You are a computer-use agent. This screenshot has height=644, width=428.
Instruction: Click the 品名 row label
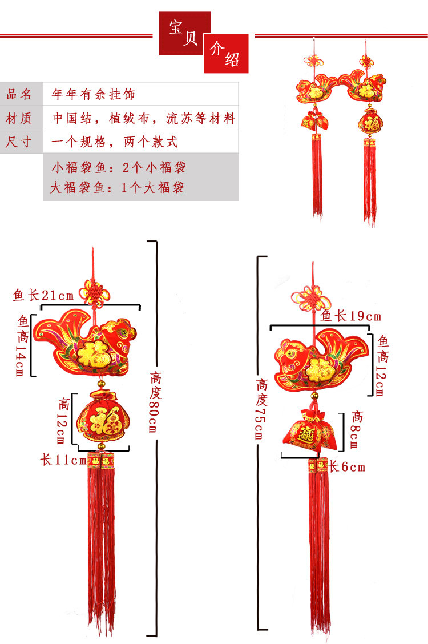pyautogui.click(x=19, y=94)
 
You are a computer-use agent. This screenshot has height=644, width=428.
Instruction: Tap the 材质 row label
pyautogui.click(x=19, y=118)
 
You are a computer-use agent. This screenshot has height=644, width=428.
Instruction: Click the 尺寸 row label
pyautogui.click(x=19, y=142)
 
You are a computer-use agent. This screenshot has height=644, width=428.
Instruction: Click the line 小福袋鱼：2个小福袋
pyautogui.click(x=118, y=167)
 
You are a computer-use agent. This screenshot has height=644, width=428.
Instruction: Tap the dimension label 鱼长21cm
pyautogui.click(x=43, y=295)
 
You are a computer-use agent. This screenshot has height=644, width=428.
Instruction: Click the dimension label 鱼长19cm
pyautogui.click(x=350, y=316)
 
